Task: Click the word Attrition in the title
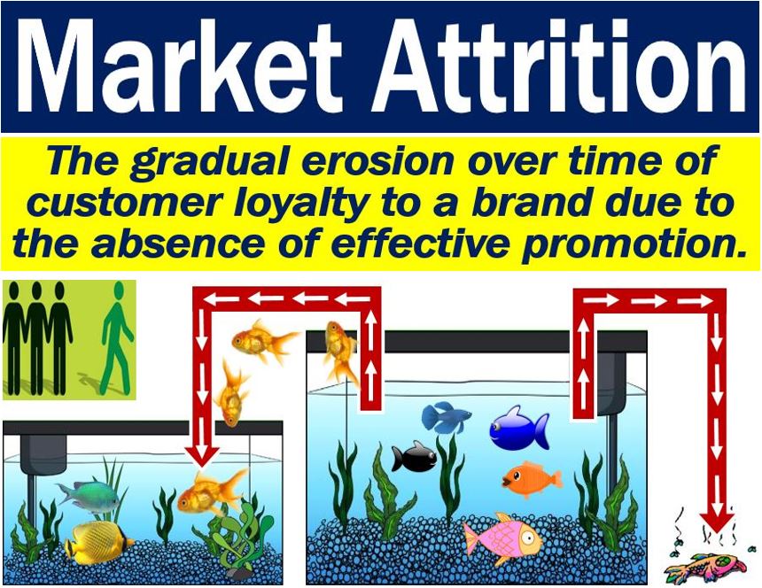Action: coord(559,66)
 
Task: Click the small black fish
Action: coord(415,457)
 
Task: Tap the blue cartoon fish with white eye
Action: coord(518,429)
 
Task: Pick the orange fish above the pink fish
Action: coord(533,479)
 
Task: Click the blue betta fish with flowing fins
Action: coord(446,417)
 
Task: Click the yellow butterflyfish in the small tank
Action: coord(98,542)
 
